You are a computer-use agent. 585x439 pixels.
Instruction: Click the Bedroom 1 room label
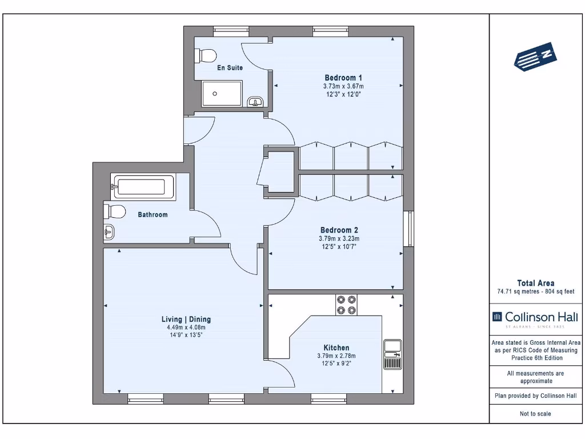(343, 78)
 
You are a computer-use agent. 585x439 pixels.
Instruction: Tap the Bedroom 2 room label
(339, 230)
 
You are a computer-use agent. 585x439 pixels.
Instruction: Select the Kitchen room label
(336, 348)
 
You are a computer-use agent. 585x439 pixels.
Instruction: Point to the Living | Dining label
(185, 320)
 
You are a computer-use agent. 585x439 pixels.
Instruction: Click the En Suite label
(230, 67)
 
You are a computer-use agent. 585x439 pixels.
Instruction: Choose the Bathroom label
(153, 215)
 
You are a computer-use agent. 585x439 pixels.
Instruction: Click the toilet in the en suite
(206, 55)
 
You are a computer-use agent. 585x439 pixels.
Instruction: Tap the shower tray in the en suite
(222, 93)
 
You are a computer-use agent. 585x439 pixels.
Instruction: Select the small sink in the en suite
(255, 102)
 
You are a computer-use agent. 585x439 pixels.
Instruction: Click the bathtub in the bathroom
(145, 187)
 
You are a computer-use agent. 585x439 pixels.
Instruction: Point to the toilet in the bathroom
(115, 211)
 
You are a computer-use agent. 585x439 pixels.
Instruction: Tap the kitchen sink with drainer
(392, 355)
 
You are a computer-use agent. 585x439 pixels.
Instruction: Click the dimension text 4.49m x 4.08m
(185, 328)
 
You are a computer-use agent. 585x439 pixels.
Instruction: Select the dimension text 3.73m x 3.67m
(343, 86)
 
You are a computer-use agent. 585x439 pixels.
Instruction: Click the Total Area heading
(535, 283)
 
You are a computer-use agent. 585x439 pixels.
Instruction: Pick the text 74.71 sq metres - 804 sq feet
(535, 292)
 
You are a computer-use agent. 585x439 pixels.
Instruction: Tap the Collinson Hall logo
(535, 318)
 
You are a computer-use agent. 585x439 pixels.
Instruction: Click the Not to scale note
(535, 414)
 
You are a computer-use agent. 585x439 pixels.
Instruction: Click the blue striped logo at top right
(535, 56)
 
